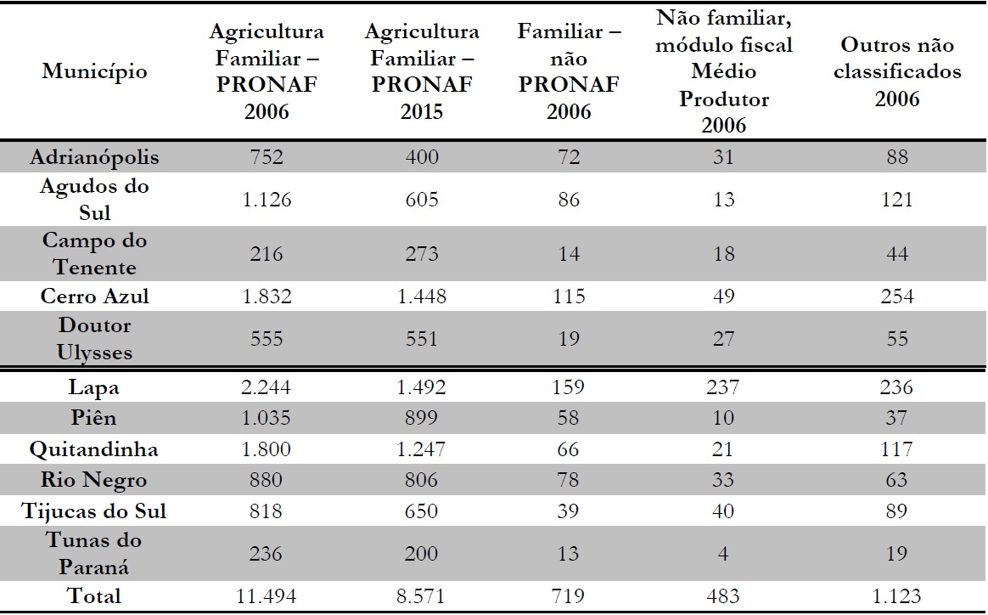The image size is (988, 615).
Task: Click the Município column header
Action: tap(94, 71)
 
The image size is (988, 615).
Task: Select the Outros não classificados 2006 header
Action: tap(897, 71)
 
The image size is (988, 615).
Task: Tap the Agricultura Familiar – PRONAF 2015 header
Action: tap(422, 71)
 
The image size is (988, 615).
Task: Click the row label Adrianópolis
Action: tap(94, 157)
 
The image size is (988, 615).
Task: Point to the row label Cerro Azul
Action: tap(94, 296)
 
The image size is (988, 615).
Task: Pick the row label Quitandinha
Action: tap(94, 449)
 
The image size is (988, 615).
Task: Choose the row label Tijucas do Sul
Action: tap(94, 511)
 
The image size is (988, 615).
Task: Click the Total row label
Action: tap(94, 596)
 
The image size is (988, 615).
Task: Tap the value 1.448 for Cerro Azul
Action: tap(422, 296)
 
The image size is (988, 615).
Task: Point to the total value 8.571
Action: tap(422, 596)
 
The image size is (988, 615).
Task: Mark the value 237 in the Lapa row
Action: tap(724, 387)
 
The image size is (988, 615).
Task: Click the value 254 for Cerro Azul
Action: tap(897, 296)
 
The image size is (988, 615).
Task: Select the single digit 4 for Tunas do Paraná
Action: tap(724, 554)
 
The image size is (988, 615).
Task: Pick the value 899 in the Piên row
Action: tap(422, 418)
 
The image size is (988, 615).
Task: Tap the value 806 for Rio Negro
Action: tap(422, 480)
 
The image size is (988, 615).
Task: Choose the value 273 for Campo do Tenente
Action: tap(422, 254)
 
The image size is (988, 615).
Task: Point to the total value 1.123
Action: tap(897, 596)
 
